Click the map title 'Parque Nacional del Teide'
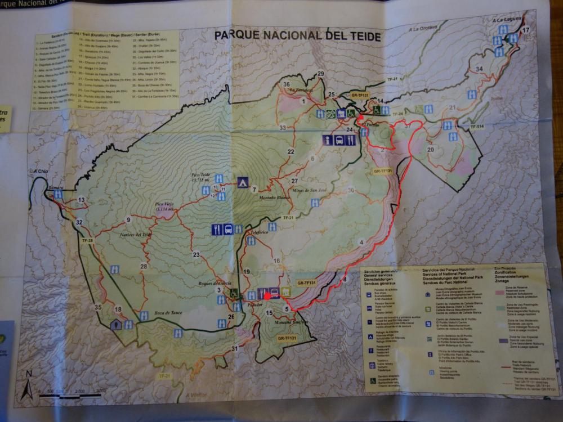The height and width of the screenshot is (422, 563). [x=298, y=37]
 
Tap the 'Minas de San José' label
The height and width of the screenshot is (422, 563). [x=309, y=191]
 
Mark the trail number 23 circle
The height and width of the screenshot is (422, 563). [x=196, y=255]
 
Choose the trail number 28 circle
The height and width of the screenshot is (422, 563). [x=144, y=266]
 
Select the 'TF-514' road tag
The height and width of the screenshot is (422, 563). [x=477, y=127]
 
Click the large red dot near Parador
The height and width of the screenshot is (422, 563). [x=267, y=296]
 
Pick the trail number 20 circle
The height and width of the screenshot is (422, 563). [x=430, y=150]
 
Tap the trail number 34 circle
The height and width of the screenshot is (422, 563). [x=479, y=69]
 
